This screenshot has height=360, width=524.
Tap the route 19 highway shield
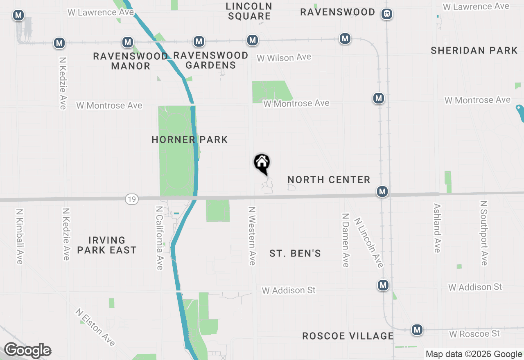(132, 199)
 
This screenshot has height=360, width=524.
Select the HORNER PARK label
(190, 139)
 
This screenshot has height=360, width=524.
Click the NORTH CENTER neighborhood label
(329, 180)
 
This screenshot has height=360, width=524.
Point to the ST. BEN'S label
(295, 254)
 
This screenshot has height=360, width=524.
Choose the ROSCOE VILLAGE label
(348, 336)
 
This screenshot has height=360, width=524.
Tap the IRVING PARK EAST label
(107, 245)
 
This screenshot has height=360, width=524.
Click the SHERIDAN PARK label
(474, 51)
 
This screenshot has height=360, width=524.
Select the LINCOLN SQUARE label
(249, 11)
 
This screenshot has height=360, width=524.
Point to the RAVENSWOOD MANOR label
(131, 61)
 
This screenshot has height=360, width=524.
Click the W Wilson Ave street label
(284, 58)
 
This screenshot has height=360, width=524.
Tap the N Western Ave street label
(252, 236)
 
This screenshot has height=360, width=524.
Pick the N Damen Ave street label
(346, 240)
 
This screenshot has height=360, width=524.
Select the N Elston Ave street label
(95, 327)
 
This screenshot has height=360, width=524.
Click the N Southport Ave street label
(484, 233)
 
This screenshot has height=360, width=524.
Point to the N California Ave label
(160, 238)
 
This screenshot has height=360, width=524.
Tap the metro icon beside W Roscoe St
(417, 329)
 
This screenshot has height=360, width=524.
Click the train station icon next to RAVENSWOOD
(387, 14)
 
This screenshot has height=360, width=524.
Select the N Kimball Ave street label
(19, 236)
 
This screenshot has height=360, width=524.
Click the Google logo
(27, 351)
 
